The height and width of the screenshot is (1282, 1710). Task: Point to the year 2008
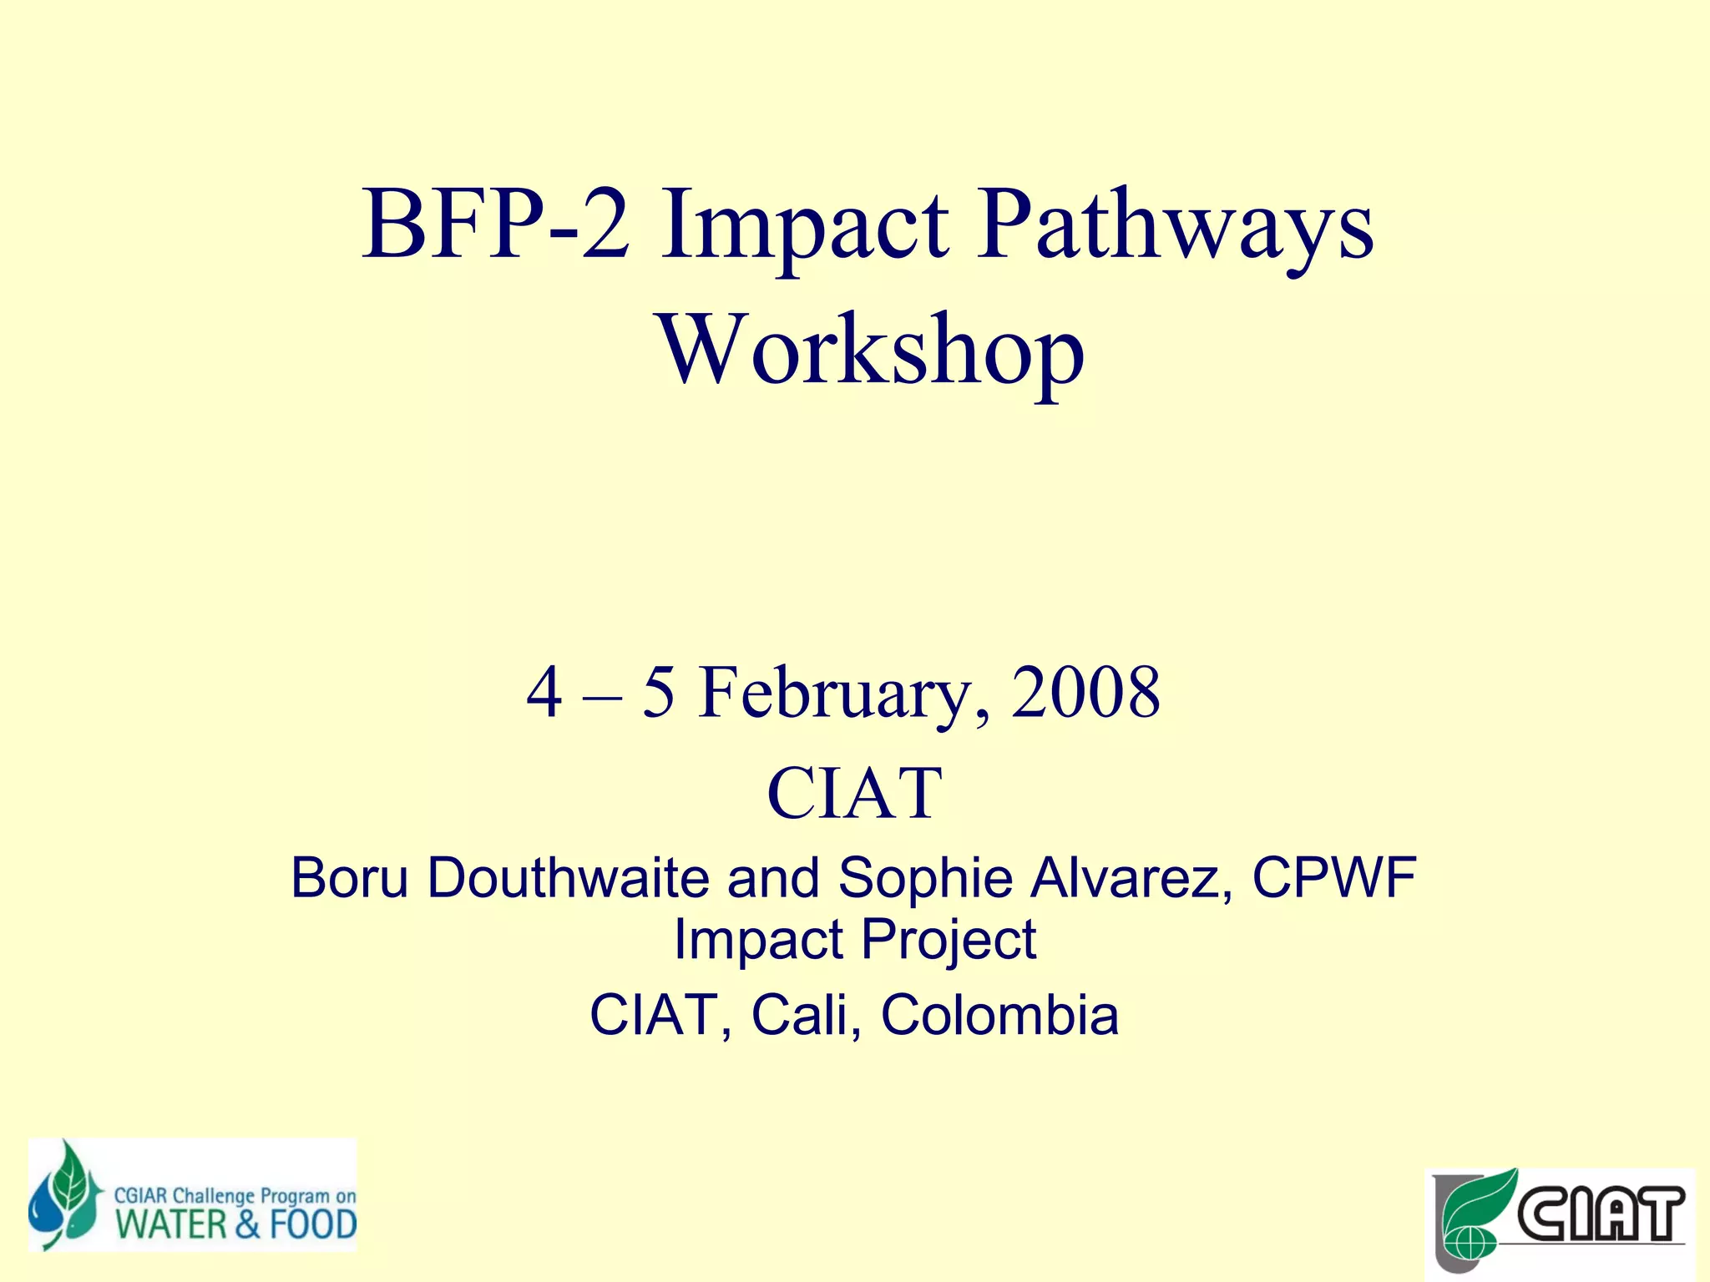(x=1085, y=692)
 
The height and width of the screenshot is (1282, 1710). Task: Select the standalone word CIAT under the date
(x=854, y=792)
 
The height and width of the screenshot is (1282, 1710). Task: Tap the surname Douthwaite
(x=568, y=878)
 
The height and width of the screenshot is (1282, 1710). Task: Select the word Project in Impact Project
(x=949, y=940)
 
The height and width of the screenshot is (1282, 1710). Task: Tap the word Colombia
(x=999, y=1015)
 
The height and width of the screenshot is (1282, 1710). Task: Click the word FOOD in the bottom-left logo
(x=312, y=1225)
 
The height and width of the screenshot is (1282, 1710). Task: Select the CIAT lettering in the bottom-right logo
(x=1600, y=1215)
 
